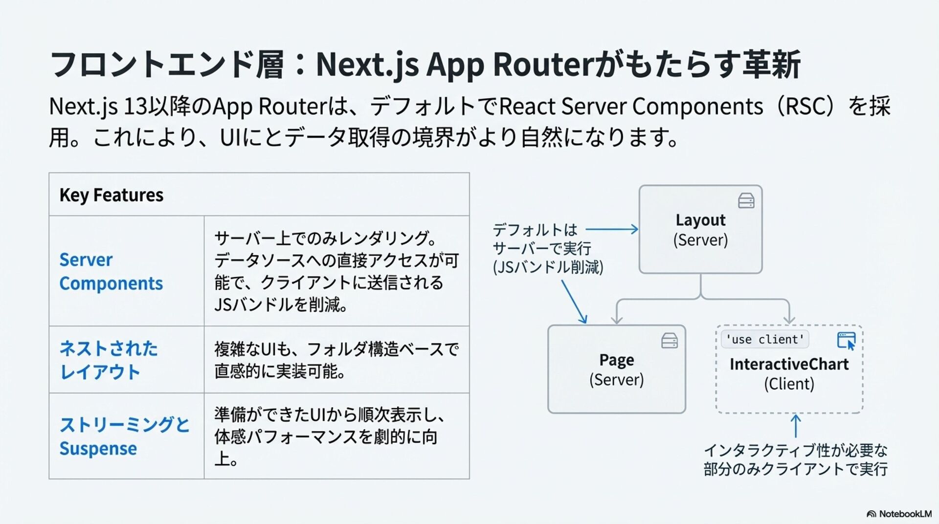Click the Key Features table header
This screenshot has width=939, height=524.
click(112, 195)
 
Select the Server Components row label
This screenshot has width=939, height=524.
click(111, 271)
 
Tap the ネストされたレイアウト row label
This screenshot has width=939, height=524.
click(108, 360)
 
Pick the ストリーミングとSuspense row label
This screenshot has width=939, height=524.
click(124, 436)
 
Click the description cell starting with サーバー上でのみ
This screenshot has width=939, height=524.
click(336, 271)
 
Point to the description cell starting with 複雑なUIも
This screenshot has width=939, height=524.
click(336, 360)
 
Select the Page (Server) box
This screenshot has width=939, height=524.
click(616, 370)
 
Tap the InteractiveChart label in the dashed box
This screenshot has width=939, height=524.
click(789, 365)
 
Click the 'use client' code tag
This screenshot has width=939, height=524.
click(765, 339)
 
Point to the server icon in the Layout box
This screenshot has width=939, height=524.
click(746, 200)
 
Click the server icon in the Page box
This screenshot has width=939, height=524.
click(670, 341)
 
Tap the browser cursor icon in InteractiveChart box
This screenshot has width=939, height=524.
click(846, 340)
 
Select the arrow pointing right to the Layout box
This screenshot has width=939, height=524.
click(612, 229)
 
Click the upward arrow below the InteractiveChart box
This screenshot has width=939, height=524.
click(796, 426)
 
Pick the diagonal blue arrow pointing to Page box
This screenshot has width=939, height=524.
click(574, 301)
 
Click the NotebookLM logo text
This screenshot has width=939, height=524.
click(905, 514)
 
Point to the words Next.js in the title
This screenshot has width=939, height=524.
click(367, 65)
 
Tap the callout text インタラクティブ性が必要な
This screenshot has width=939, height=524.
click(795, 450)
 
